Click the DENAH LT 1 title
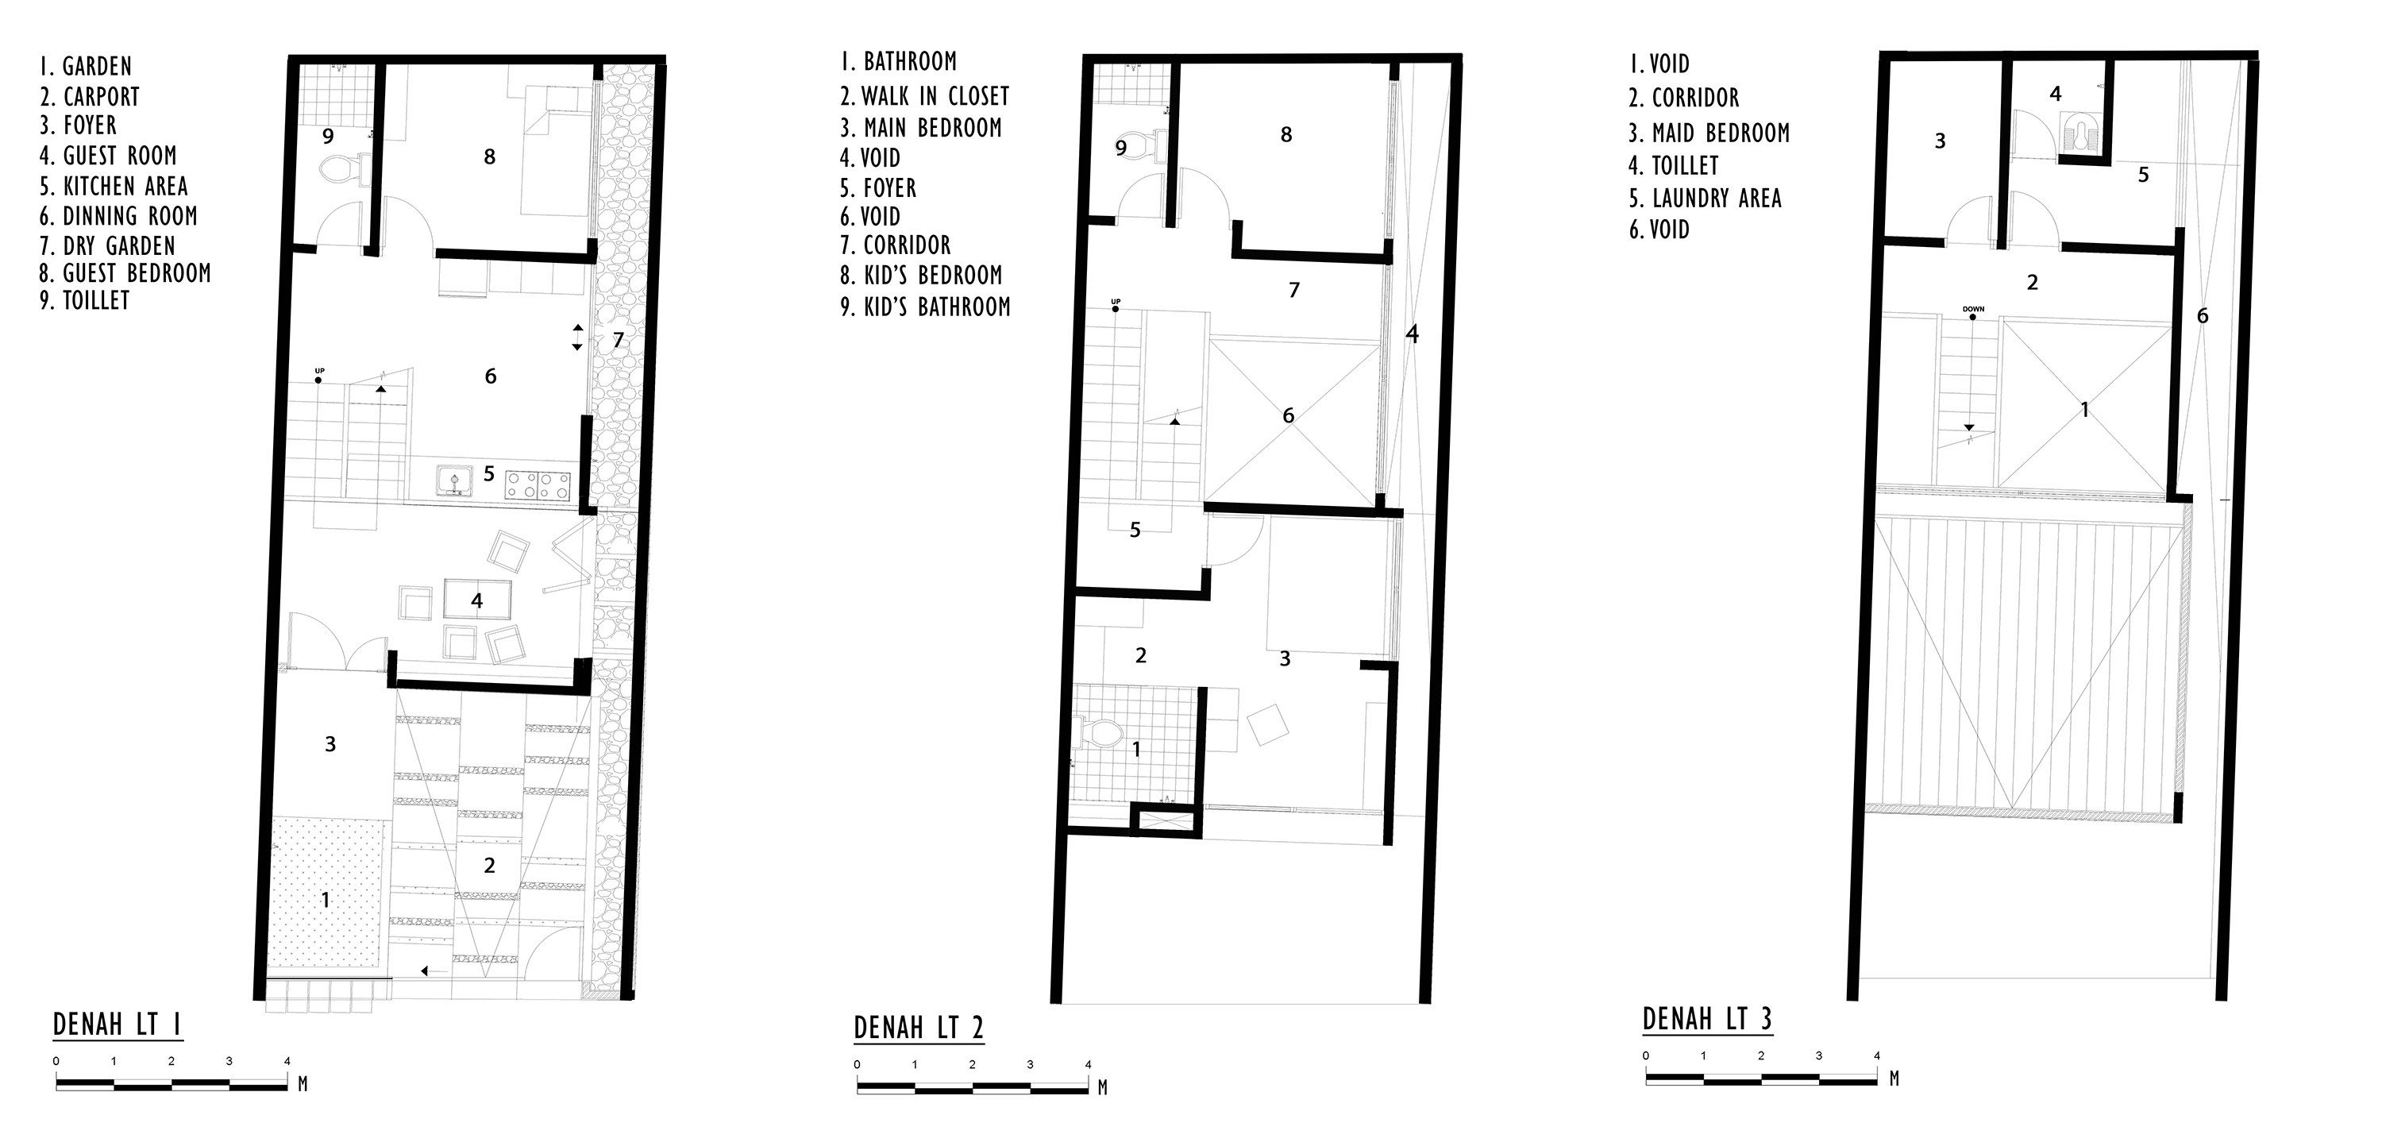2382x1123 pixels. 118,1025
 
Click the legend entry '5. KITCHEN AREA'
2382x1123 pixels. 114,186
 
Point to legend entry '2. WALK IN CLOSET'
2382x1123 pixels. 925,95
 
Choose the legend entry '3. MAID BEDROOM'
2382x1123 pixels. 1709,133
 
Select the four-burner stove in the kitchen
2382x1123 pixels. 541,485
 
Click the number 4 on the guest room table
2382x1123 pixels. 477,601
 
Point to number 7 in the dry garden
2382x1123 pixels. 619,341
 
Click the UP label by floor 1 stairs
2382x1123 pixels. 319,371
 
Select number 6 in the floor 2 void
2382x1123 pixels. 1288,415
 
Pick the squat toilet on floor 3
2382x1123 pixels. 2077,135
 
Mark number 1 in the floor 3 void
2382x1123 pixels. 2084,409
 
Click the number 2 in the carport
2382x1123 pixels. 489,865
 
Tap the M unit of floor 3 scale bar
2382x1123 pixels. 1894,1079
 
